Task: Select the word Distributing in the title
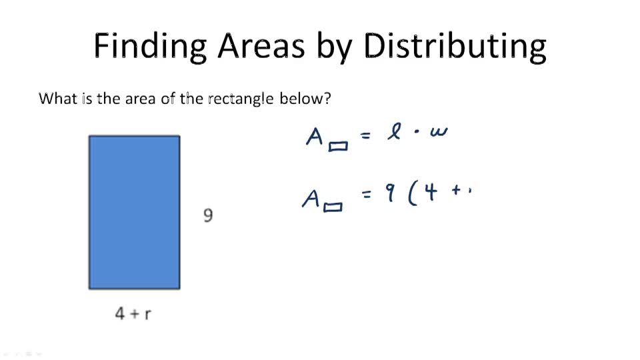click(x=455, y=45)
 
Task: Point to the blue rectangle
click(x=134, y=212)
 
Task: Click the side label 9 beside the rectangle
click(x=208, y=215)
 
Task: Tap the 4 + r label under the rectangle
click(x=133, y=313)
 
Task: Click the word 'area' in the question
click(x=159, y=99)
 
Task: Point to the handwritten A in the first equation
click(x=315, y=137)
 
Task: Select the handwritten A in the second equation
click(x=311, y=197)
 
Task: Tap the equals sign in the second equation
click(x=366, y=196)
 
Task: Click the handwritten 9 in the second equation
click(x=391, y=195)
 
